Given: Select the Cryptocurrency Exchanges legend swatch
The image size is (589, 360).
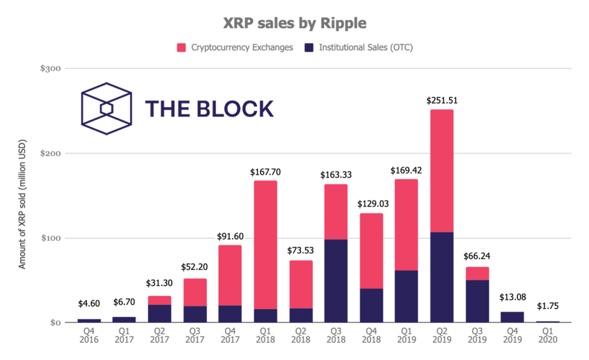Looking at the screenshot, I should coord(181,47).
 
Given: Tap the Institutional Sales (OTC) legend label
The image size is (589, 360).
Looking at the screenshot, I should coord(366,47).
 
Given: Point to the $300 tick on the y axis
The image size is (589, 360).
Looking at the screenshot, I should coord(51,69).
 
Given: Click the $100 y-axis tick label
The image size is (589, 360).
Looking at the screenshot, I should coord(51,238).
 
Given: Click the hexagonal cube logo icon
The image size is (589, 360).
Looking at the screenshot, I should coord(106,109).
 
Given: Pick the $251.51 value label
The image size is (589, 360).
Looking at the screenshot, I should coord(442,100).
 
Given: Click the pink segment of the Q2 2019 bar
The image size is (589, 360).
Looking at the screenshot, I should coord(442,171).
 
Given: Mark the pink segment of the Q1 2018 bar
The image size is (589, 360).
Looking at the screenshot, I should coord(265,245).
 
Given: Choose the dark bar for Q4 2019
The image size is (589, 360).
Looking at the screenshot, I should coord(512,317).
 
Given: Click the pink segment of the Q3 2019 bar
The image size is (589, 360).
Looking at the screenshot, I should coord(477,273).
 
